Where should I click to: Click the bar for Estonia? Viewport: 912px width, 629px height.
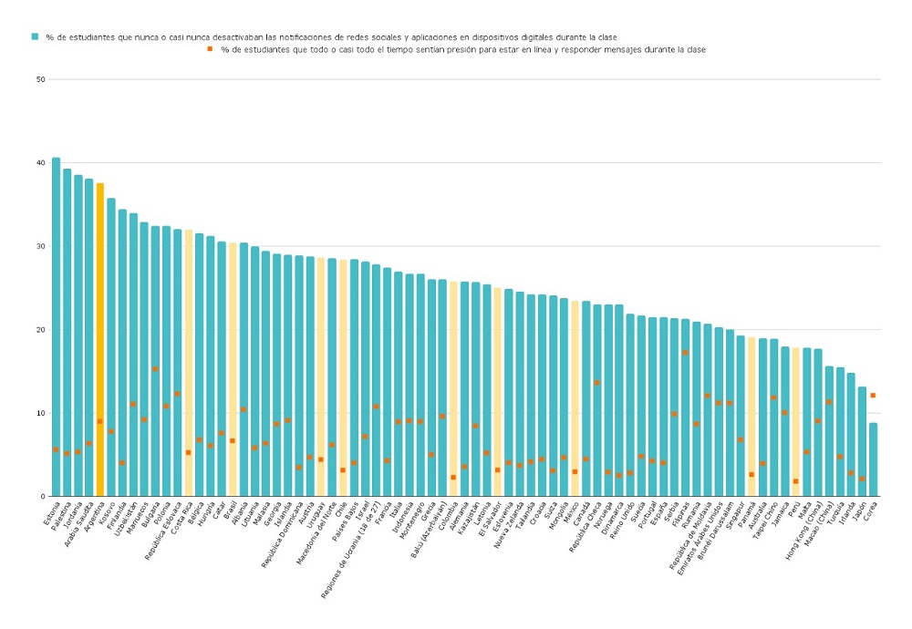coord(56,328)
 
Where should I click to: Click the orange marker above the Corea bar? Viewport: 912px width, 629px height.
coord(873,395)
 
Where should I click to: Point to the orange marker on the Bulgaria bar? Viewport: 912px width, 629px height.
coord(155,369)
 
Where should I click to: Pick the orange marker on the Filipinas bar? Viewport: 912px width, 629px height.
coord(685,352)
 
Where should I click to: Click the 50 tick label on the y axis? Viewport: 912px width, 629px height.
coord(40,79)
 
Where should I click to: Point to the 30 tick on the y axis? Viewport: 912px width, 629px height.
coord(40,246)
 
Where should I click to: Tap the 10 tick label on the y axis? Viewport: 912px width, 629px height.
coord(40,413)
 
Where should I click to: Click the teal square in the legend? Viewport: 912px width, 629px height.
coord(35,36)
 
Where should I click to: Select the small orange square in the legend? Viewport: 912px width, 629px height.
coord(211,49)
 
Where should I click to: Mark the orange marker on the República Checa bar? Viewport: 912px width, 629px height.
coord(596,383)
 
